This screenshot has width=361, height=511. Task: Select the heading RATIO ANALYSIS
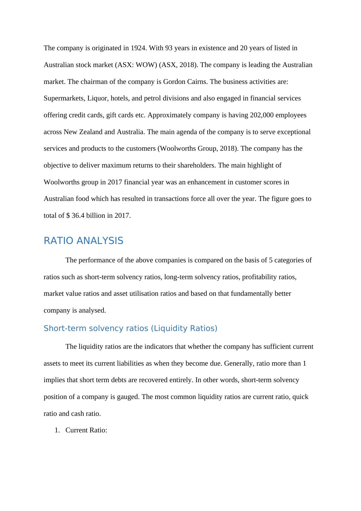tap(84, 241)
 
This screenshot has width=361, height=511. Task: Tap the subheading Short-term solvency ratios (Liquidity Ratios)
tap(130, 328)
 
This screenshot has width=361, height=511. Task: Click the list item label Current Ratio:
tap(86, 430)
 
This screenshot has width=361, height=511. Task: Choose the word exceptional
tap(293, 132)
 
